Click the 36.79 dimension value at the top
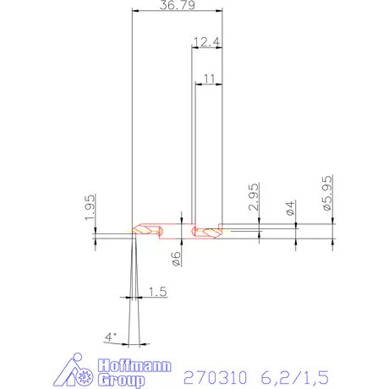tap(177, 7)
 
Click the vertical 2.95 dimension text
tap(253, 205)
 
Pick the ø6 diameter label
tap(177, 259)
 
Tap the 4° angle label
tap(110, 337)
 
